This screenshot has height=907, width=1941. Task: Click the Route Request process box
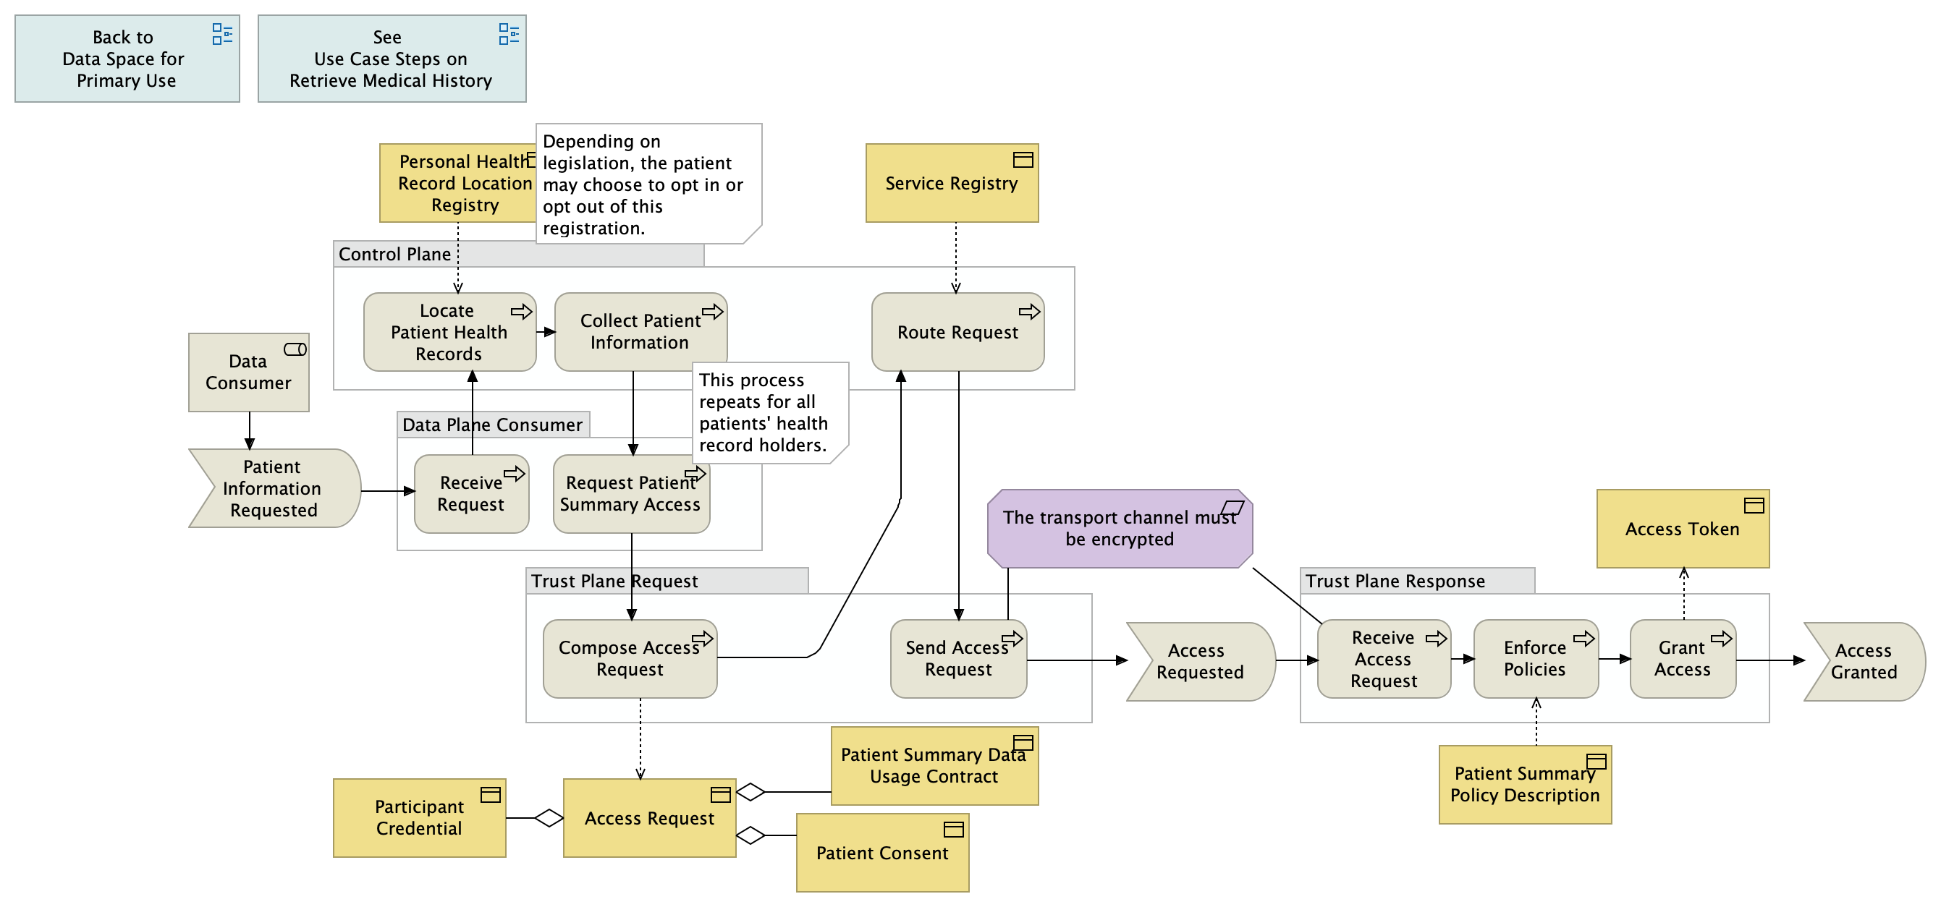click(957, 332)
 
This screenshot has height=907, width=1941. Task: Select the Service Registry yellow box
click(951, 183)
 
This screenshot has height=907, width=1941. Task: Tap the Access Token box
click(1682, 529)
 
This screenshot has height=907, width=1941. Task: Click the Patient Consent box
click(881, 853)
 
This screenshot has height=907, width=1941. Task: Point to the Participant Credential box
click(419, 818)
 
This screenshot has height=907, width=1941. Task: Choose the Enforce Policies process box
click(1535, 659)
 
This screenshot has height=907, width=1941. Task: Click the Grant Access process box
click(1682, 659)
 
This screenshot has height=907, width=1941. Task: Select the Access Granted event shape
click(1863, 661)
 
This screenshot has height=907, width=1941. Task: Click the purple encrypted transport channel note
click(1119, 529)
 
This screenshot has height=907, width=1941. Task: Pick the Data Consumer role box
click(248, 373)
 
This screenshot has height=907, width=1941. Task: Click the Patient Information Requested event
click(273, 488)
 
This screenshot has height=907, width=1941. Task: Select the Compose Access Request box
click(629, 659)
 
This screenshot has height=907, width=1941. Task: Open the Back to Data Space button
click(127, 59)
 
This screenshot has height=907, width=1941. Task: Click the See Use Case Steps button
click(391, 59)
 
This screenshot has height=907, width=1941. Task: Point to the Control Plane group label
click(395, 254)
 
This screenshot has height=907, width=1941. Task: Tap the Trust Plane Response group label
click(1395, 581)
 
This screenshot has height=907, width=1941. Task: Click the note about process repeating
click(769, 412)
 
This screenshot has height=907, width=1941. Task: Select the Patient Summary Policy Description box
click(1524, 785)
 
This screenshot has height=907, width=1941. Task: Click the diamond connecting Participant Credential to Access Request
click(549, 817)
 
